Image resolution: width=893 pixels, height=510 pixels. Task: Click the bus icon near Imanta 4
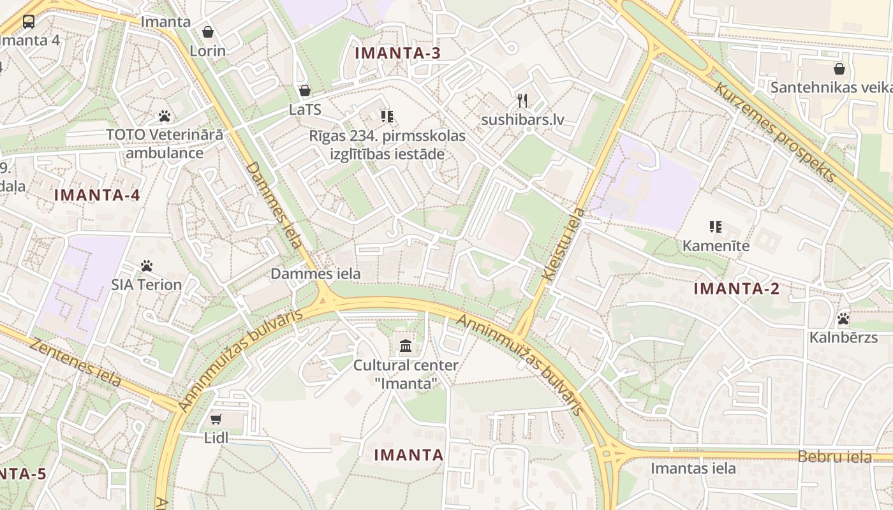[29, 22]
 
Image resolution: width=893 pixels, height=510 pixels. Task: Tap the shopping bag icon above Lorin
[208, 32]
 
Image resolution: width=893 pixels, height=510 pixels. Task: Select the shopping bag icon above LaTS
[305, 91]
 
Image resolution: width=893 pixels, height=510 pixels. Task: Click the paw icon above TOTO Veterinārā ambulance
[165, 116]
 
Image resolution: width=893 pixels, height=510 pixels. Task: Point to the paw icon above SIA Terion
[147, 266]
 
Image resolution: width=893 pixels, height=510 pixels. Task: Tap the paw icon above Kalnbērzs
[843, 318]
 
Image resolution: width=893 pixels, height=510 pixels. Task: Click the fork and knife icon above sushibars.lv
[522, 101]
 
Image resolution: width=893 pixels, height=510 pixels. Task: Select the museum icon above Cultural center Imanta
[406, 346]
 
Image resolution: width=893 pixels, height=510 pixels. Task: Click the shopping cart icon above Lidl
[216, 419]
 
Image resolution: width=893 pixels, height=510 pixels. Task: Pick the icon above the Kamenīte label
[715, 226]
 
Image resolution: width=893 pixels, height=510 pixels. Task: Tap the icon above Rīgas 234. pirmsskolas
[387, 116]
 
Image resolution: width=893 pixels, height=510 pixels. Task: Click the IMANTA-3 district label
[397, 53]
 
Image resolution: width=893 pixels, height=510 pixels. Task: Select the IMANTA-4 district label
[97, 195]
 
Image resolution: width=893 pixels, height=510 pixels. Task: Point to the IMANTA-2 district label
[736, 289]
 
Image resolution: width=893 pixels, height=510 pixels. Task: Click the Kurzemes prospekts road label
[774, 131]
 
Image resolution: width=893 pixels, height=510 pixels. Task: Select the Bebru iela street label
[834, 456]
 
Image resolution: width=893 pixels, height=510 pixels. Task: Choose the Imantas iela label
[693, 469]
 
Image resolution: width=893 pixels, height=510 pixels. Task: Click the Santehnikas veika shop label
[831, 87]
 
